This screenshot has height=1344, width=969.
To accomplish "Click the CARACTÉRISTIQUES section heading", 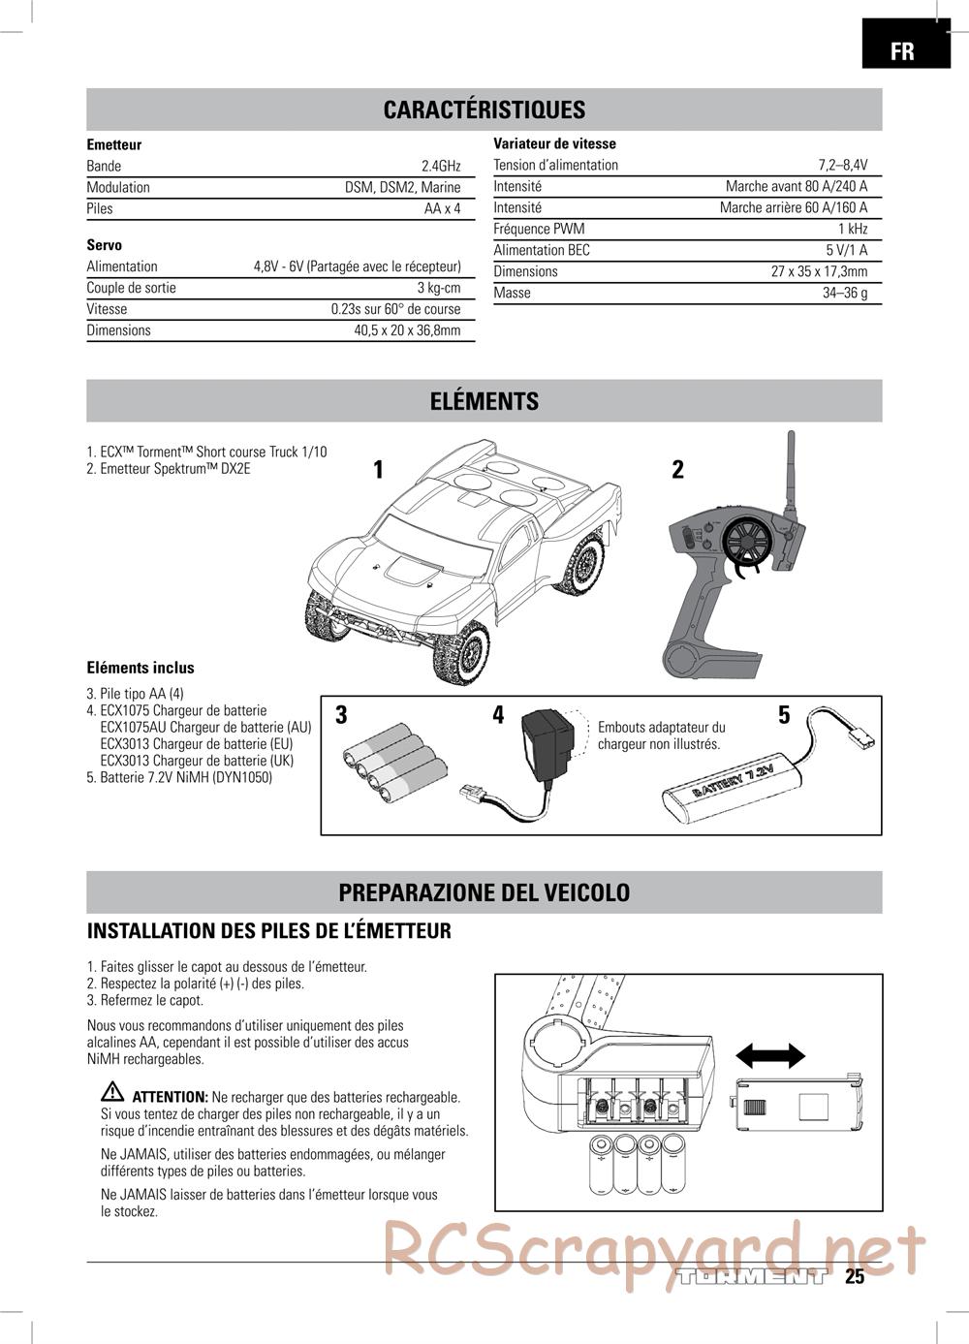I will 484,109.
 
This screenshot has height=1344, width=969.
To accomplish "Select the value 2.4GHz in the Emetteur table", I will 441,166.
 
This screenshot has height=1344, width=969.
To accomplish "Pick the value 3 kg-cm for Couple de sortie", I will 439,288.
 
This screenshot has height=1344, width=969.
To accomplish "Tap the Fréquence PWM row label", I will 539,230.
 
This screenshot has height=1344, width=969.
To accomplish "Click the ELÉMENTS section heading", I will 484,401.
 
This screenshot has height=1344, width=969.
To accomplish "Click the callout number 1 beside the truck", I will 378,470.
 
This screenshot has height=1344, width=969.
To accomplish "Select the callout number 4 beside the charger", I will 498,715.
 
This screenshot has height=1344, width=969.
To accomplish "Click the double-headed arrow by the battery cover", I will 770,1055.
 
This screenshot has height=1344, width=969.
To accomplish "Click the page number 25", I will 854,1277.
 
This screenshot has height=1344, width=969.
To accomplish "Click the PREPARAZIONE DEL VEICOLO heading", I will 484,892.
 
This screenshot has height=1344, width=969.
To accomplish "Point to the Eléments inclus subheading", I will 141,668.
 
